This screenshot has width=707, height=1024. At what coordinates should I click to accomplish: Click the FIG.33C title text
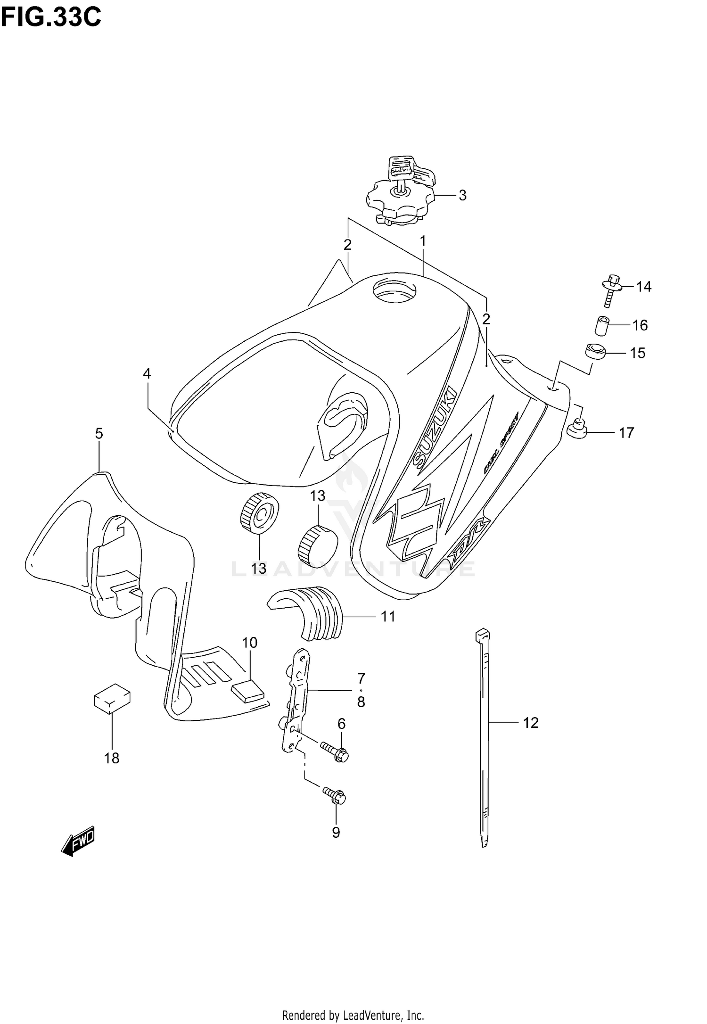pos(51,17)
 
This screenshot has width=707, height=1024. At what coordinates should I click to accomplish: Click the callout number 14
pos(643,287)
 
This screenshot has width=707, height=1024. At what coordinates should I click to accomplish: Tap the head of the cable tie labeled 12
pos(481,634)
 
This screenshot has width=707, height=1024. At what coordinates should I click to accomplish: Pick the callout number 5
pos(99,434)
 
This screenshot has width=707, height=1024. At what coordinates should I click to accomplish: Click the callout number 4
pos(147,374)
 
